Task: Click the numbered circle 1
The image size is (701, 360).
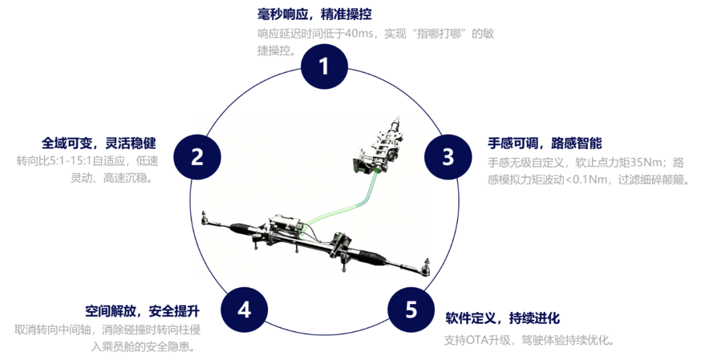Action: (x=324, y=66)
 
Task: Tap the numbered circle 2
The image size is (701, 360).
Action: (x=197, y=157)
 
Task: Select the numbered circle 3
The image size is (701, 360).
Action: (x=448, y=157)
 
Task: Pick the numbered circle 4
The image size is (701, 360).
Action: (x=244, y=310)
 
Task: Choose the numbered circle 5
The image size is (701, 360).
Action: (x=411, y=310)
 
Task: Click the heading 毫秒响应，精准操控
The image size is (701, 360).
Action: (x=315, y=14)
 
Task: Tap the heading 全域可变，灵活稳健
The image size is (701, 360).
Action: (x=99, y=143)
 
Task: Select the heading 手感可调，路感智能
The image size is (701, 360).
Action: (x=545, y=143)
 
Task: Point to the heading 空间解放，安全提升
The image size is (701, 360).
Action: (x=143, y=311)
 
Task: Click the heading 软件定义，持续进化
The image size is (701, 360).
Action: (x=502, y=318)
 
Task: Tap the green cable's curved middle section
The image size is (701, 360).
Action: (x=339, y=208)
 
